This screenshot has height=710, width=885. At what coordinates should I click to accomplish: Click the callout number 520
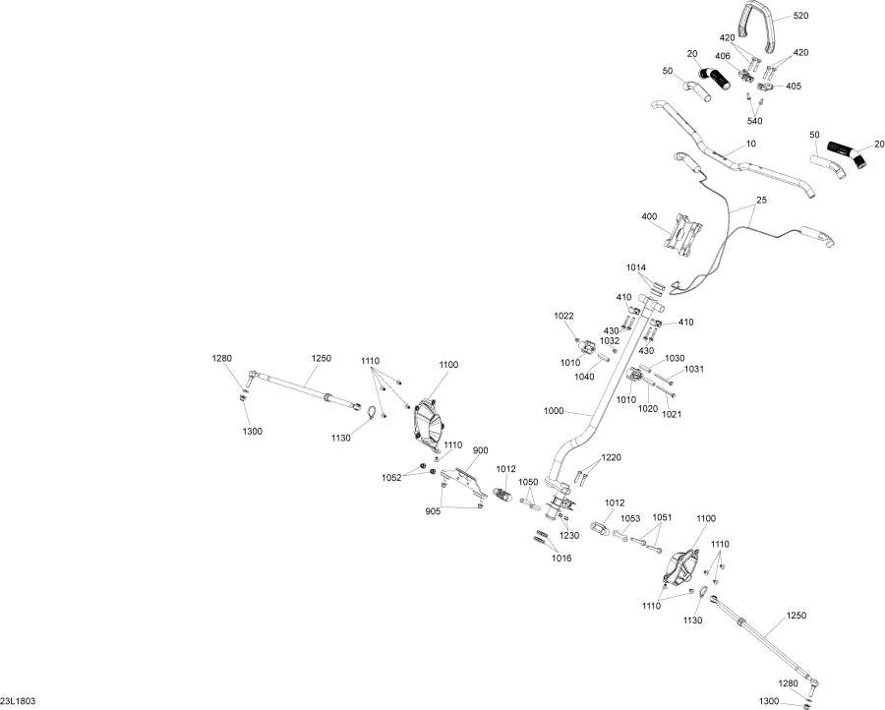coord(800,16)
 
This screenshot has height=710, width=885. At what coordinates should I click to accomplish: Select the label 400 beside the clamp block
coord(649,216)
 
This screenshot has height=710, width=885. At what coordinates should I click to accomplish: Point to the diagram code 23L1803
coord(18,701)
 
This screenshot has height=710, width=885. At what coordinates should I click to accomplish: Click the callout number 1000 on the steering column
coord(554,411)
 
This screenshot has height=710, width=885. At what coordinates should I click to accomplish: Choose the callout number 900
coord(480,450)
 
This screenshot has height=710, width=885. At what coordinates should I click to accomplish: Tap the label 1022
coord(563,316)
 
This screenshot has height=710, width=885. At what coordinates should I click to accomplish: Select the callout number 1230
coord(569,535)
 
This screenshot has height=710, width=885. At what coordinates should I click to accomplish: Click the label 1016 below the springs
coord(561,559)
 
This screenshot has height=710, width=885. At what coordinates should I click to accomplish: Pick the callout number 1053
coord(630,518)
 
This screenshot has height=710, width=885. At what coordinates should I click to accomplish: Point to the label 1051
coord(662,517)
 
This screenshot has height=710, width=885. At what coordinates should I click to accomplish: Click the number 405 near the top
coord(793,87)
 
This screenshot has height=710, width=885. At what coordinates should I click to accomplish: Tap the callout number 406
coord(723,56)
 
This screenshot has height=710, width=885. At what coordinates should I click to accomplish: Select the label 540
coord(754,121)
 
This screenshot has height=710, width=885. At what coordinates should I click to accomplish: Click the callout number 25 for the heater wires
coord(762,201)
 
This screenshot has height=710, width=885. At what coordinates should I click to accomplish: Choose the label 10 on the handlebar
coord(750,144)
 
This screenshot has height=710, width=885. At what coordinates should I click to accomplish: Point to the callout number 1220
coord(611,457)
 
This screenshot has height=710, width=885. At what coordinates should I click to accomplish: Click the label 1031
coord(694,369)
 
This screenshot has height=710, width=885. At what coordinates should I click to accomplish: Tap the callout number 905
coord(433,511)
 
